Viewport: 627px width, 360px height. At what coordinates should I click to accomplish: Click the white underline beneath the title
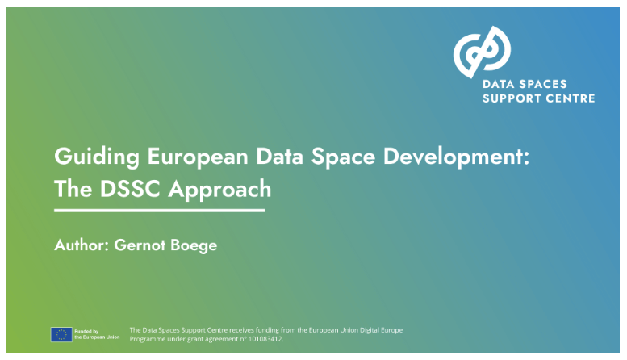159,211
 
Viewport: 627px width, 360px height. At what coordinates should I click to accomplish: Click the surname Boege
195,245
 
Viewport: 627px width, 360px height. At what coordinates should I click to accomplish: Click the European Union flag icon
61,334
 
